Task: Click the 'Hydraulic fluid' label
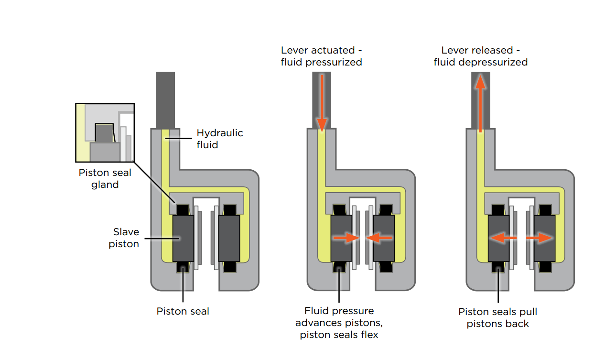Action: [219, 139]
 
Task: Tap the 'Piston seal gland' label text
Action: [105, 178]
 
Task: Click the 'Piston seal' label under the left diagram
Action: [183, 311]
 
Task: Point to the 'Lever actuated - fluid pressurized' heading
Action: [321, 56]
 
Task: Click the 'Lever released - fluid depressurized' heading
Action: [480, 56]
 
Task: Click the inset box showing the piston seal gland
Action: [105, 133]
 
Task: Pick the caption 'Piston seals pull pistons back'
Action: [497, 317]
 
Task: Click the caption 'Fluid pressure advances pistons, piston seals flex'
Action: [339, 323]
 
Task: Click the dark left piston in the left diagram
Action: [183, 238]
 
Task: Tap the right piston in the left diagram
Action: [229, 238]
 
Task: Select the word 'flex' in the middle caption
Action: [368, 335]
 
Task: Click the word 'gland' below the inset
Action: [105, 185]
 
